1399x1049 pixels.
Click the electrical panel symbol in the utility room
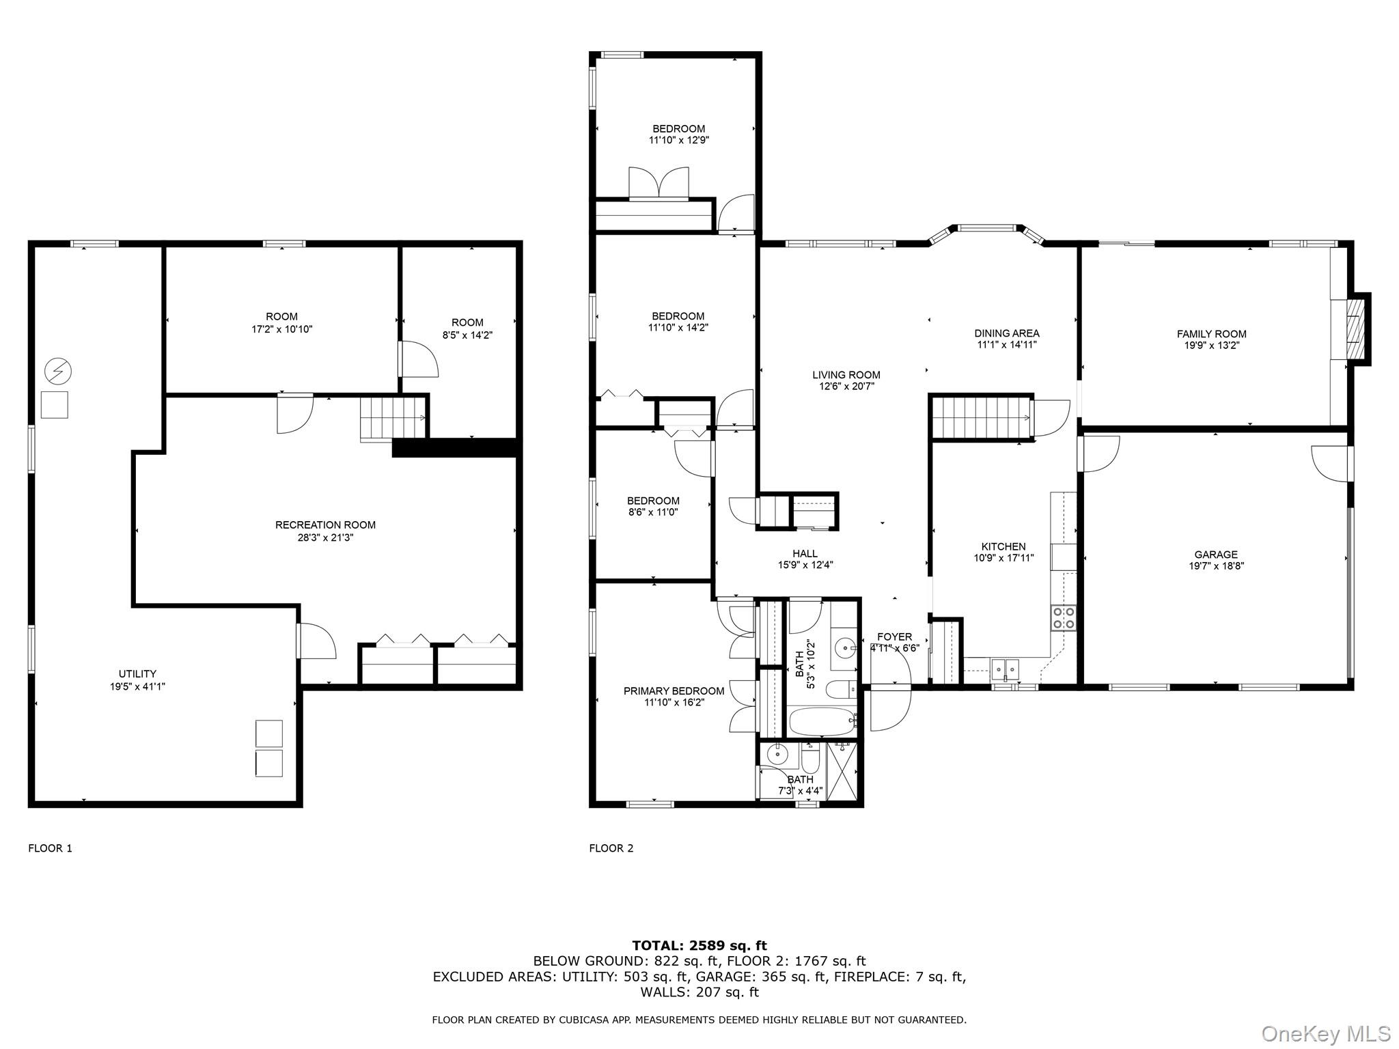tap(58, 372)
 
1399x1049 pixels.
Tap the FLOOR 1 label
tap(50, 848)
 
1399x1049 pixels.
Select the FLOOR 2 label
tap(611, 848)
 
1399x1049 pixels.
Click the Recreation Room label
tap(325, 525)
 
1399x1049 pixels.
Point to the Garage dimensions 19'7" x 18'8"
tap(1216, 565)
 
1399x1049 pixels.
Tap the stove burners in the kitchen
tap(1063, 617)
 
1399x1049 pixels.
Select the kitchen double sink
tap(1004, 667)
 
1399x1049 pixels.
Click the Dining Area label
tap(1006, 333)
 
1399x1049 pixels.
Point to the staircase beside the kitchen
tap(981, 417)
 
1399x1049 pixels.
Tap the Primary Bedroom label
tap(674, 691)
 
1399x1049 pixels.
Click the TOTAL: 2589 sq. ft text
tap(699, 945)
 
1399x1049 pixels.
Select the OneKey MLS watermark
tap(1326, 1033)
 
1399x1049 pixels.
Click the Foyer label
tap(894, 637)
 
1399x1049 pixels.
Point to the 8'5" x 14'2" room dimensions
tap(467, 335)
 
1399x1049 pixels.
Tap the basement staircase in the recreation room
tap(392, 418)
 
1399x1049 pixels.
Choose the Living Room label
tap(846, 375)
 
